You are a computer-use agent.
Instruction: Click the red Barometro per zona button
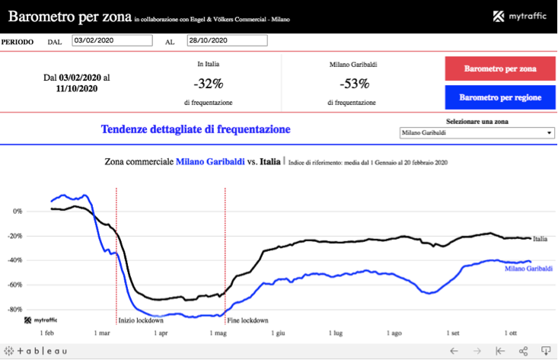499,68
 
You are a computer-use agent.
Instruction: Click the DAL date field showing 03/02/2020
115,41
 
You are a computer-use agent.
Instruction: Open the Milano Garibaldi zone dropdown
477,133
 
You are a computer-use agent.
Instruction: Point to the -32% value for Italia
208,84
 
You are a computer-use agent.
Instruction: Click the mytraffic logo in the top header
520,17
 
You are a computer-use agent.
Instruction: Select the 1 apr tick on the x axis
161,333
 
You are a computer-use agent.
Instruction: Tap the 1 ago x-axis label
394,333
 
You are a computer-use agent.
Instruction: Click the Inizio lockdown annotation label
140,320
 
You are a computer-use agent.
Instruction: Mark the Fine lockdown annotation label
248,320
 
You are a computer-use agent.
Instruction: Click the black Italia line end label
540,239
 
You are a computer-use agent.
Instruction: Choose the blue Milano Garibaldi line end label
528,269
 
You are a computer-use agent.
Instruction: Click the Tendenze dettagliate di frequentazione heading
196,129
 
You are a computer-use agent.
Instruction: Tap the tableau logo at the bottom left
37,351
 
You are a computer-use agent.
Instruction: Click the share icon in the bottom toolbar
523,351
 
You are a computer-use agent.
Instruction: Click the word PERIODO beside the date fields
18,42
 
